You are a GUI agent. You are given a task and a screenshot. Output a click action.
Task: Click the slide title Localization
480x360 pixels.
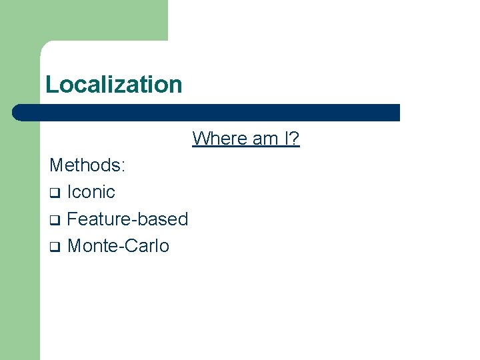click(x=113, y=85)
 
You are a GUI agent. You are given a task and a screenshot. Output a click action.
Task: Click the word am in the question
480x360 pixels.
click(x=265, y=139)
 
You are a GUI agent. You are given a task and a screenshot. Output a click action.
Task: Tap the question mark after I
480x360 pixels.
click(x=295, y=139)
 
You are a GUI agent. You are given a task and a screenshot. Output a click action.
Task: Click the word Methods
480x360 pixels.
click(x=85, y=165)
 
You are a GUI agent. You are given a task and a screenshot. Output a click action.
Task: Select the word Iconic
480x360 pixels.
click(x=91, y=192)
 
